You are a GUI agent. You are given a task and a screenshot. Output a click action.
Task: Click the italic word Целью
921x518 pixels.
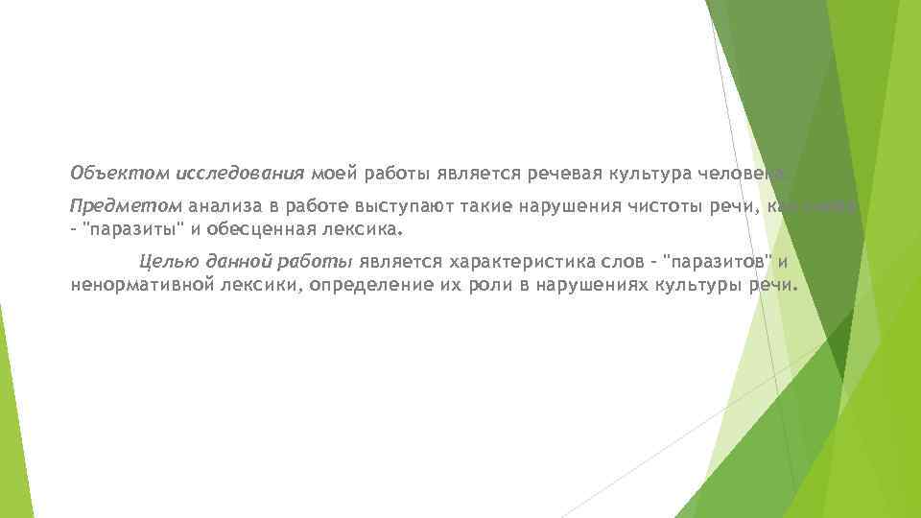tap(165, 261)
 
